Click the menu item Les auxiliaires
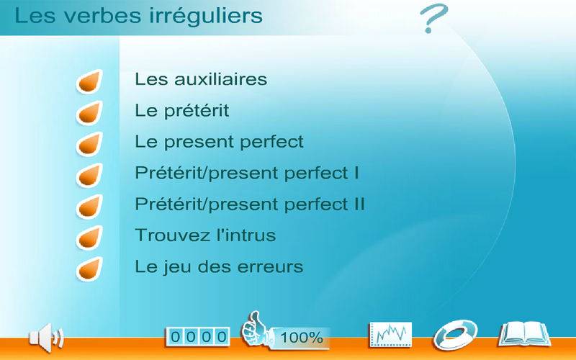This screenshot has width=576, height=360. point(201,79)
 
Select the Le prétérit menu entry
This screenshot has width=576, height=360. point(182,111)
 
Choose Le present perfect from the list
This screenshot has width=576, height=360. point(220,142)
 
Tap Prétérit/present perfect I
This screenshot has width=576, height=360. point(247,173)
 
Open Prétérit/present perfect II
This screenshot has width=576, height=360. point(250,204)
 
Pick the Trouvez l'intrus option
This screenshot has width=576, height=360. point(205,235)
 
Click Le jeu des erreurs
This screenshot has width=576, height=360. point(219,266)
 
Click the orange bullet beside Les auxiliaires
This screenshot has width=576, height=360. point(89,81)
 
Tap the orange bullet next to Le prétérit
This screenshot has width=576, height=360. point(89,113)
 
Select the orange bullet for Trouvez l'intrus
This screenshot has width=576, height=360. point(89,238)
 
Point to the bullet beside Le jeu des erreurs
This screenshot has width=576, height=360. point(89,269)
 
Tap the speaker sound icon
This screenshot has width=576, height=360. point(46,338)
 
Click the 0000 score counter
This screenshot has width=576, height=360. point(198,336)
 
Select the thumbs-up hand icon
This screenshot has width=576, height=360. point(255,329)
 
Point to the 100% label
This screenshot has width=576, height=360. point(302,338)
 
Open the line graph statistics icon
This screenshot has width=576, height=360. point(391,334)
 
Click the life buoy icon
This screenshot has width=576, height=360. point(456,335)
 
